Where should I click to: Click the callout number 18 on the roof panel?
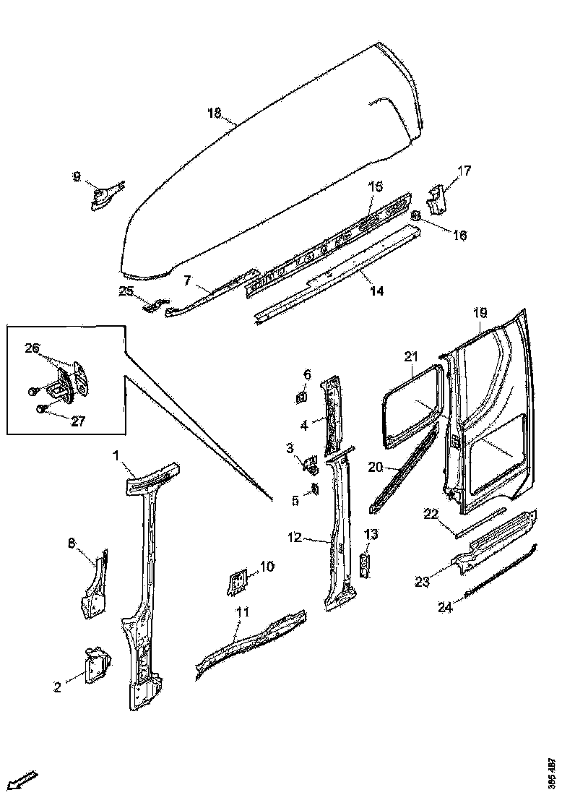click(x=214, y=113)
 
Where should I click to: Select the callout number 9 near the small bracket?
click(x=77, y=176)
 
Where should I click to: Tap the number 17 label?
click(x=464, y=171)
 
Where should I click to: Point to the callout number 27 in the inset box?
click(x=78, y=421)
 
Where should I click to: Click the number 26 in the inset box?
click(x=32, y=348)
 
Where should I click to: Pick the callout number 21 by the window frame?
click(x=411, y=356)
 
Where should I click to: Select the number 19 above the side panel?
click(x=480, y=312)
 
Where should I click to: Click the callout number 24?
click(x=446, y=607)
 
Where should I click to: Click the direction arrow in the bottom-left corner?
click(x=25, y=780)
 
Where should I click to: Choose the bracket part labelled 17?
click(x=437, y=200)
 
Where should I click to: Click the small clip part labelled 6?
click(x=301, y=396)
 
